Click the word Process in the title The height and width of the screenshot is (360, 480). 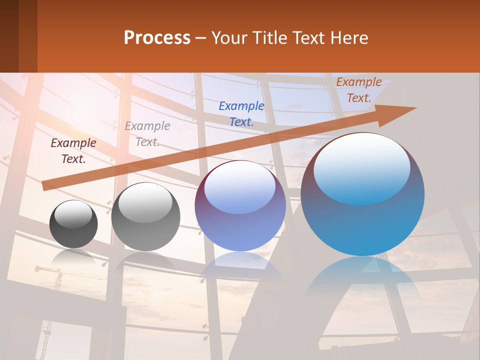coord(157,38)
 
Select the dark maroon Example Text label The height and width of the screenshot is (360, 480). coord(73,151)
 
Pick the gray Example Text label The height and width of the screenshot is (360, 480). coord(147,134)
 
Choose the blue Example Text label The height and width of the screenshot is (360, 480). coord(241,113)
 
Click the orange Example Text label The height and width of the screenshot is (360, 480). coord(359,90)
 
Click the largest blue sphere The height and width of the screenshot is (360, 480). coord(362,220)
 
